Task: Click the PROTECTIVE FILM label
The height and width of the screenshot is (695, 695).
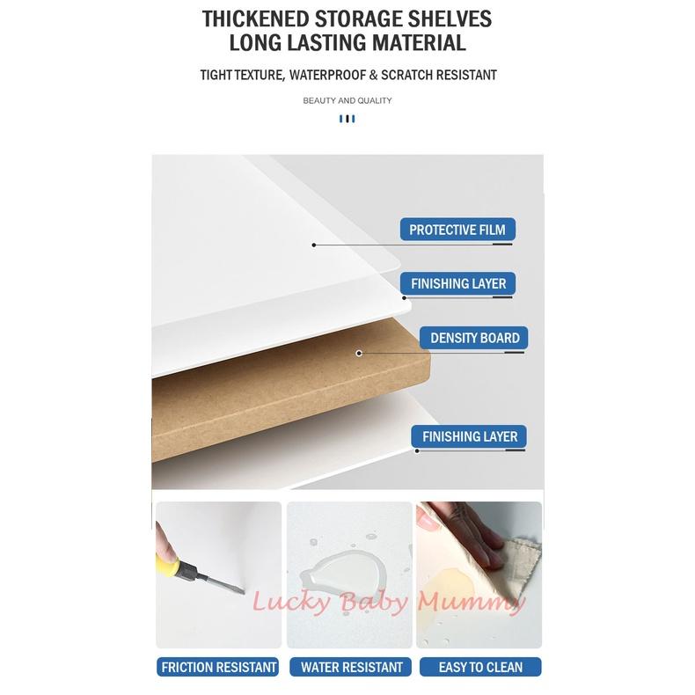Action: [457, 230]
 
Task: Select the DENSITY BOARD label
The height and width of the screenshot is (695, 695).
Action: [474, 338]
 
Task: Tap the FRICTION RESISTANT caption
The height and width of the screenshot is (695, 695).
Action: [217, 667]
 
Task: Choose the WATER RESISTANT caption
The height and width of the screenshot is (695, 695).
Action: [351, 667]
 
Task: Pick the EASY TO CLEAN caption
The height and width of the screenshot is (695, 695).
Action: [480, 667]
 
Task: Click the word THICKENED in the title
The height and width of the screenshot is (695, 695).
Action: [255, 19]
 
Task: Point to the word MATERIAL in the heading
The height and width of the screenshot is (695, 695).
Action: [419, 43]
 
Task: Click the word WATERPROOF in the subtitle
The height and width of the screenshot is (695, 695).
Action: [327, 75]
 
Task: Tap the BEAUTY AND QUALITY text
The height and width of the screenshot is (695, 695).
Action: [347, 100]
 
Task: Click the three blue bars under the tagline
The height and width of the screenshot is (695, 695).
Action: [347, 119]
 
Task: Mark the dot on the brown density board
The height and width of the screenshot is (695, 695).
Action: [359, 354]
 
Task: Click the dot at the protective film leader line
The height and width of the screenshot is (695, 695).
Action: [314, 245]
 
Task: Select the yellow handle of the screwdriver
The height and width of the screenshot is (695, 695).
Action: [167, 566]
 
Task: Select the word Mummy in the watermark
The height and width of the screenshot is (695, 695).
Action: [472, 603]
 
